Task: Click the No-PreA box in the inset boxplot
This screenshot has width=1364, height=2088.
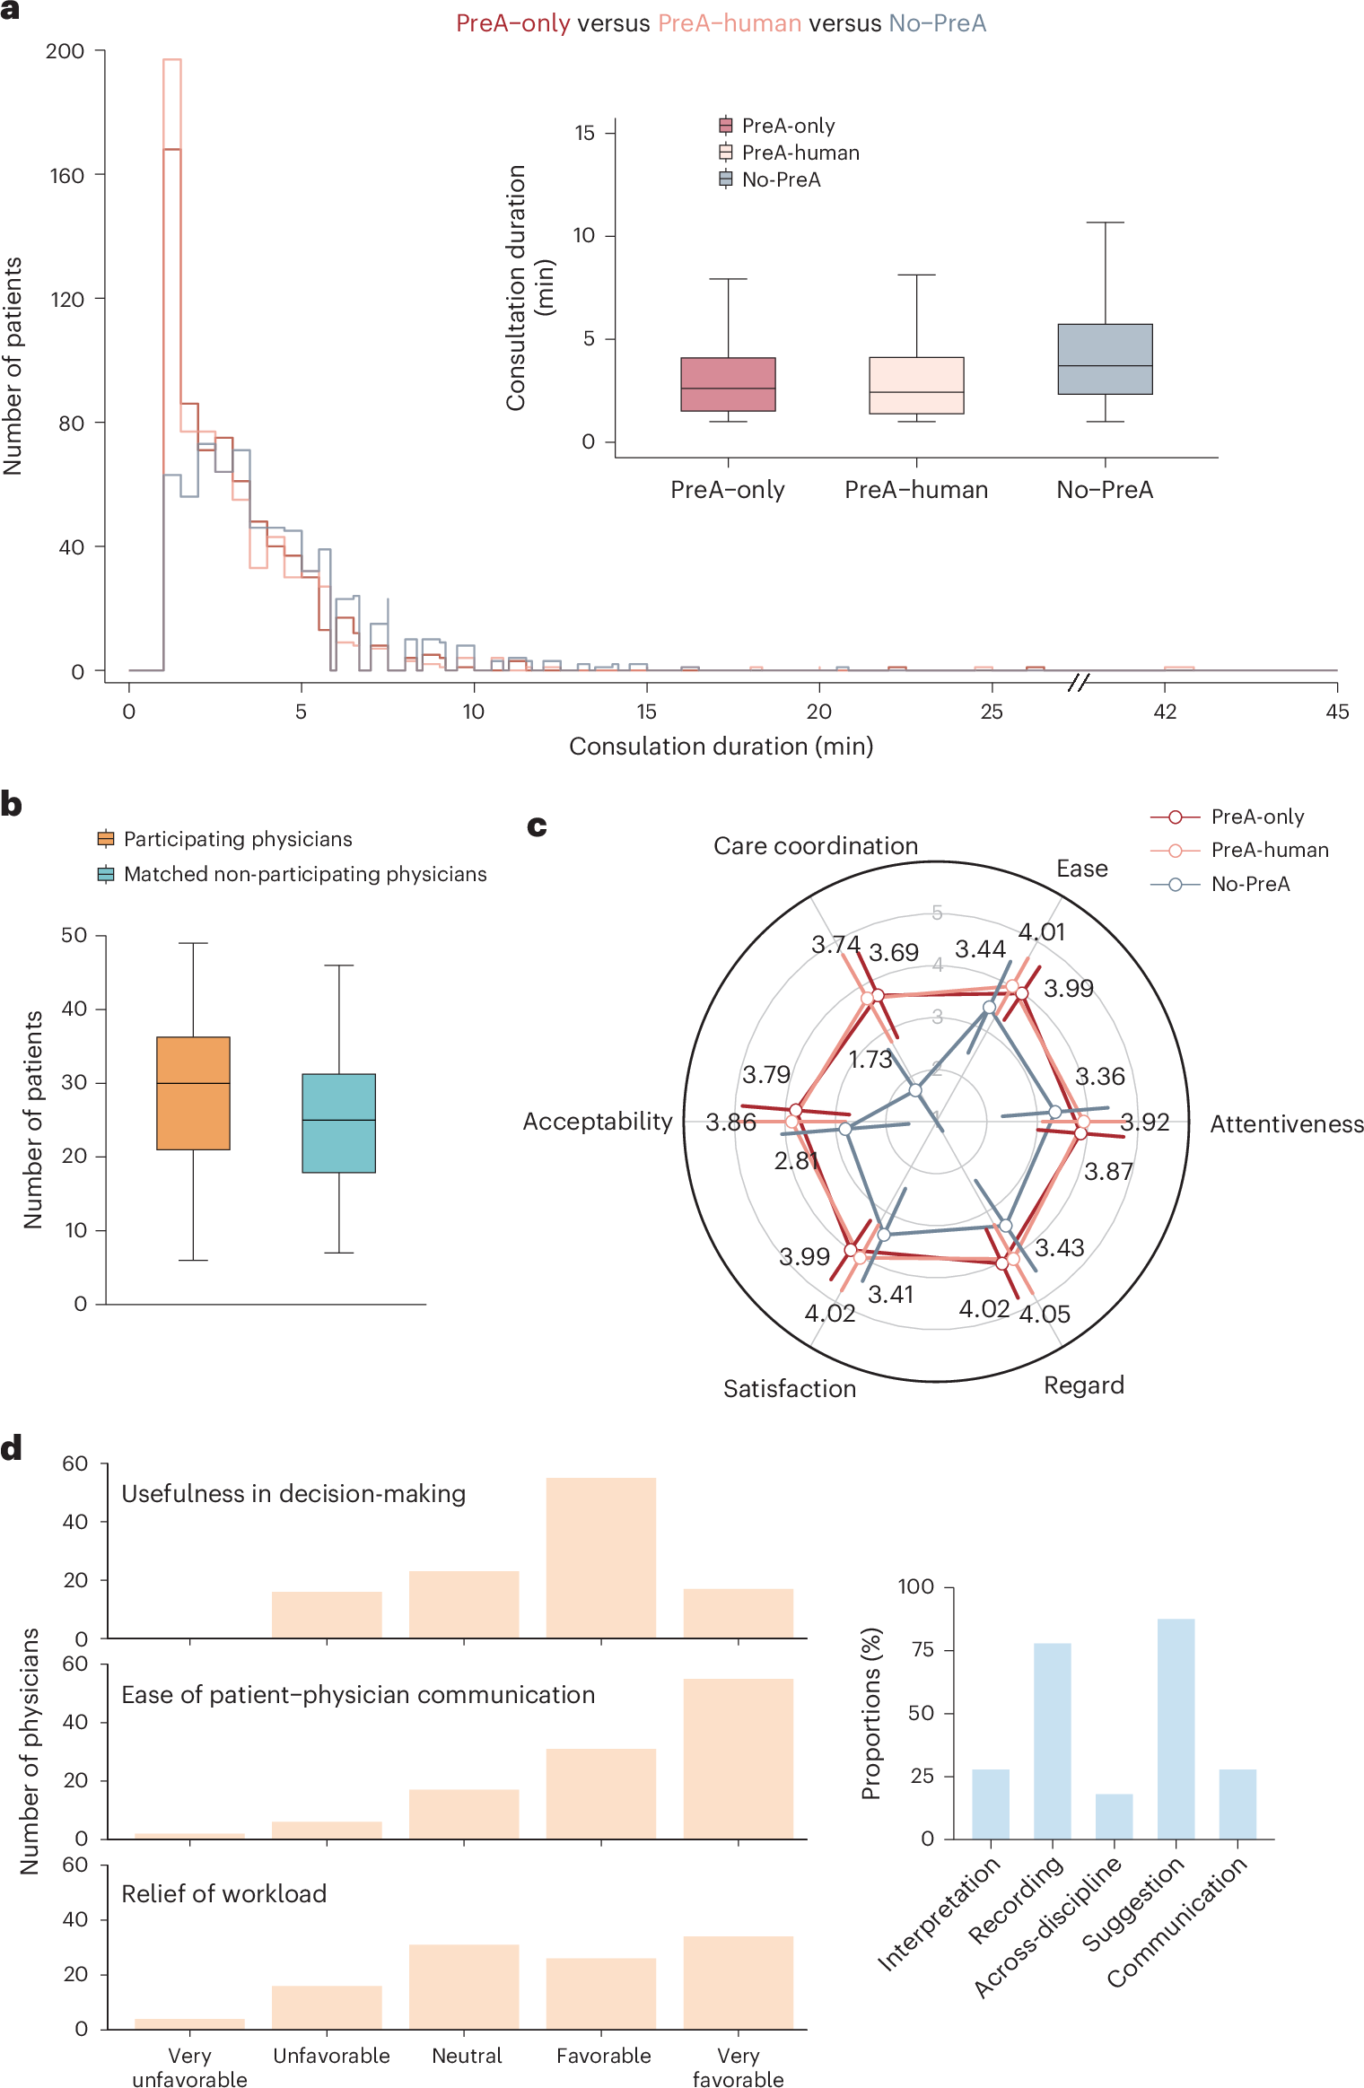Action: pyautogui.click(x=1105, y=359)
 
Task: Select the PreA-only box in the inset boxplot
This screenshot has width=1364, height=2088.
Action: pyautogui.click(x=728, y=384)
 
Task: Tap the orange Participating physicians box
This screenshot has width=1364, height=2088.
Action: pyautogui.click(x=193, y=1093)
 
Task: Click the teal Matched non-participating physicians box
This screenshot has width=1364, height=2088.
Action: pyautogui.click(x=338, y=1123)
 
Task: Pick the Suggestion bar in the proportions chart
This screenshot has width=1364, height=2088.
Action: pyautogui.click(x=1176, y=1728)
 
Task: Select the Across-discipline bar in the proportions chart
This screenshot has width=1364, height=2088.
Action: pyautogui.click(x=1114, y=1816)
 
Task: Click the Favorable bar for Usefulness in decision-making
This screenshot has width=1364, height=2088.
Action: pyautogui.click(x=601, y=1558)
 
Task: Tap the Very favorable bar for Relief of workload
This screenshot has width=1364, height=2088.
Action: pyautogui.click(x=738, y=1982)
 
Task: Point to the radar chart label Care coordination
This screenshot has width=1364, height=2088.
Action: pyautogui.click(x=816, y=846)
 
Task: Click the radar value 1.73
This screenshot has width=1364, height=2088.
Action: pyautogui.click(x=870, y=1060)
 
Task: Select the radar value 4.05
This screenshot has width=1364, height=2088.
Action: pyautogui.click(x=1045, y=1315)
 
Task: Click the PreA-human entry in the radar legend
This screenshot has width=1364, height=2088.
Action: pyautogui.click(x=1269, y=850)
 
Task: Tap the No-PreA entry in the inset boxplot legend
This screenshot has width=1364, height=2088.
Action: pyautogui.click(x=781, y=179)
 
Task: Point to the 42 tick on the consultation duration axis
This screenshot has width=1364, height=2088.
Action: pyautogui.click(x=1165, y=712)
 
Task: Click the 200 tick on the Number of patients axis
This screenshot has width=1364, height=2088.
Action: pyautogui.click(x=66, y=51)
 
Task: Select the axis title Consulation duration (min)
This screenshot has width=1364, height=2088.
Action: pyautogui.click(x=721, y=747)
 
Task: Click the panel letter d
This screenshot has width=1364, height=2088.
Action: pyautogui.click(x=12, y=1448)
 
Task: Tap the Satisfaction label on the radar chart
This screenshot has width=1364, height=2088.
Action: pyautogui.click(x=790, y=1389)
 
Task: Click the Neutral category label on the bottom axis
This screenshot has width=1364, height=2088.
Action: pyautogui.click(x=467, y=2056)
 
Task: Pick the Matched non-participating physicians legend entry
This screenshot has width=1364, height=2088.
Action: pyautogui.click(x=305, y=874)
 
